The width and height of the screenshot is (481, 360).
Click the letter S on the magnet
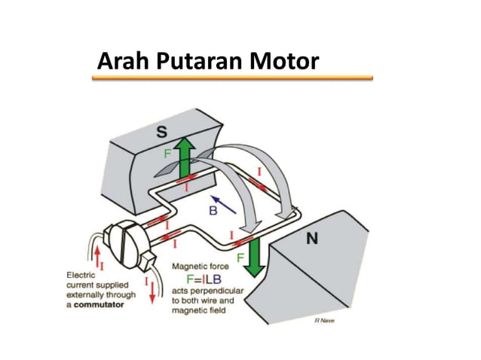click(x=161, y=133)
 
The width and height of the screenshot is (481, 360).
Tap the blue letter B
click(x=213, y=212)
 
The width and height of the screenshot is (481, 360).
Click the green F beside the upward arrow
click(x=168, y=153)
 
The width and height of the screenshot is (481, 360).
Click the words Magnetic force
click(x=204, y=266)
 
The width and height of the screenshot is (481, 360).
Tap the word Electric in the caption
click(x=82, y=276)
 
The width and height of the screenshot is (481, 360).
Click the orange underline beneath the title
click(x=234, y=77)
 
